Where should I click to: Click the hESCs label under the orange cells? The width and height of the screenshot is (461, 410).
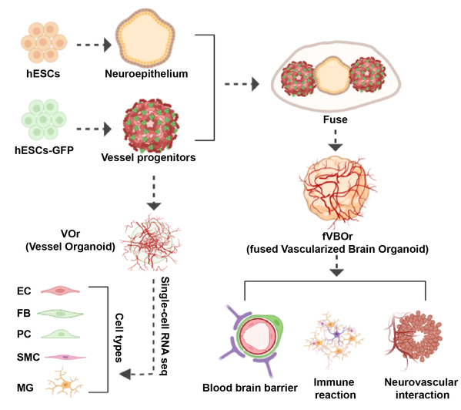tap(43, 73)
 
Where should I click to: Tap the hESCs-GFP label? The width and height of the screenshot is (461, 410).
tap(44, 150)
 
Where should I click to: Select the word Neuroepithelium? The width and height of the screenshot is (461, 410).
tap(146, 74)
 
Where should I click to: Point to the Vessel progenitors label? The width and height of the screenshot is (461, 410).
tap(149, 158)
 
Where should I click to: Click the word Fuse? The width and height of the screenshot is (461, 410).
tap(335, 119)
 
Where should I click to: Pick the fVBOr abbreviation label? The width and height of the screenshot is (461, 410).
tap(337, 236)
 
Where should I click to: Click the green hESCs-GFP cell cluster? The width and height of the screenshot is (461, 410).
tap(44, 119)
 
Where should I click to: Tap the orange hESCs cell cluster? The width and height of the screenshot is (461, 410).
tap(44, 42)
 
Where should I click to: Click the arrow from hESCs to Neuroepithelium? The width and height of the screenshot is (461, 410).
tap(94, 45)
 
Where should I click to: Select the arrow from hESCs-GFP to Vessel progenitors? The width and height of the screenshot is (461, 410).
tap(94, 129)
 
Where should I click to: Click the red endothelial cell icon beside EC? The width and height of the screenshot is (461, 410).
tap(60, 291)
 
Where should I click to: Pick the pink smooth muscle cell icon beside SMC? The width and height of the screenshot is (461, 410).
tap(65, 357)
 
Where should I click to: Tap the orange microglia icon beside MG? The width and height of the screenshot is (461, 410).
tap(65, 383)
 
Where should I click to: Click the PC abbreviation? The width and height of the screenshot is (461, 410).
tap(24, 334)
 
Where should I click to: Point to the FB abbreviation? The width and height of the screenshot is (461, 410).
tap(24, 313)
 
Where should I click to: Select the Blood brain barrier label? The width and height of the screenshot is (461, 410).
tap(250, 388)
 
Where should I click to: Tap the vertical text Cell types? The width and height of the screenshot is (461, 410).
tap(119, 338)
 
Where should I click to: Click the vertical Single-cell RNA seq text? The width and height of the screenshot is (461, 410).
tap(165, 326)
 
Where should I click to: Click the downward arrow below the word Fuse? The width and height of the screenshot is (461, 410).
tap(336, 140)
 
